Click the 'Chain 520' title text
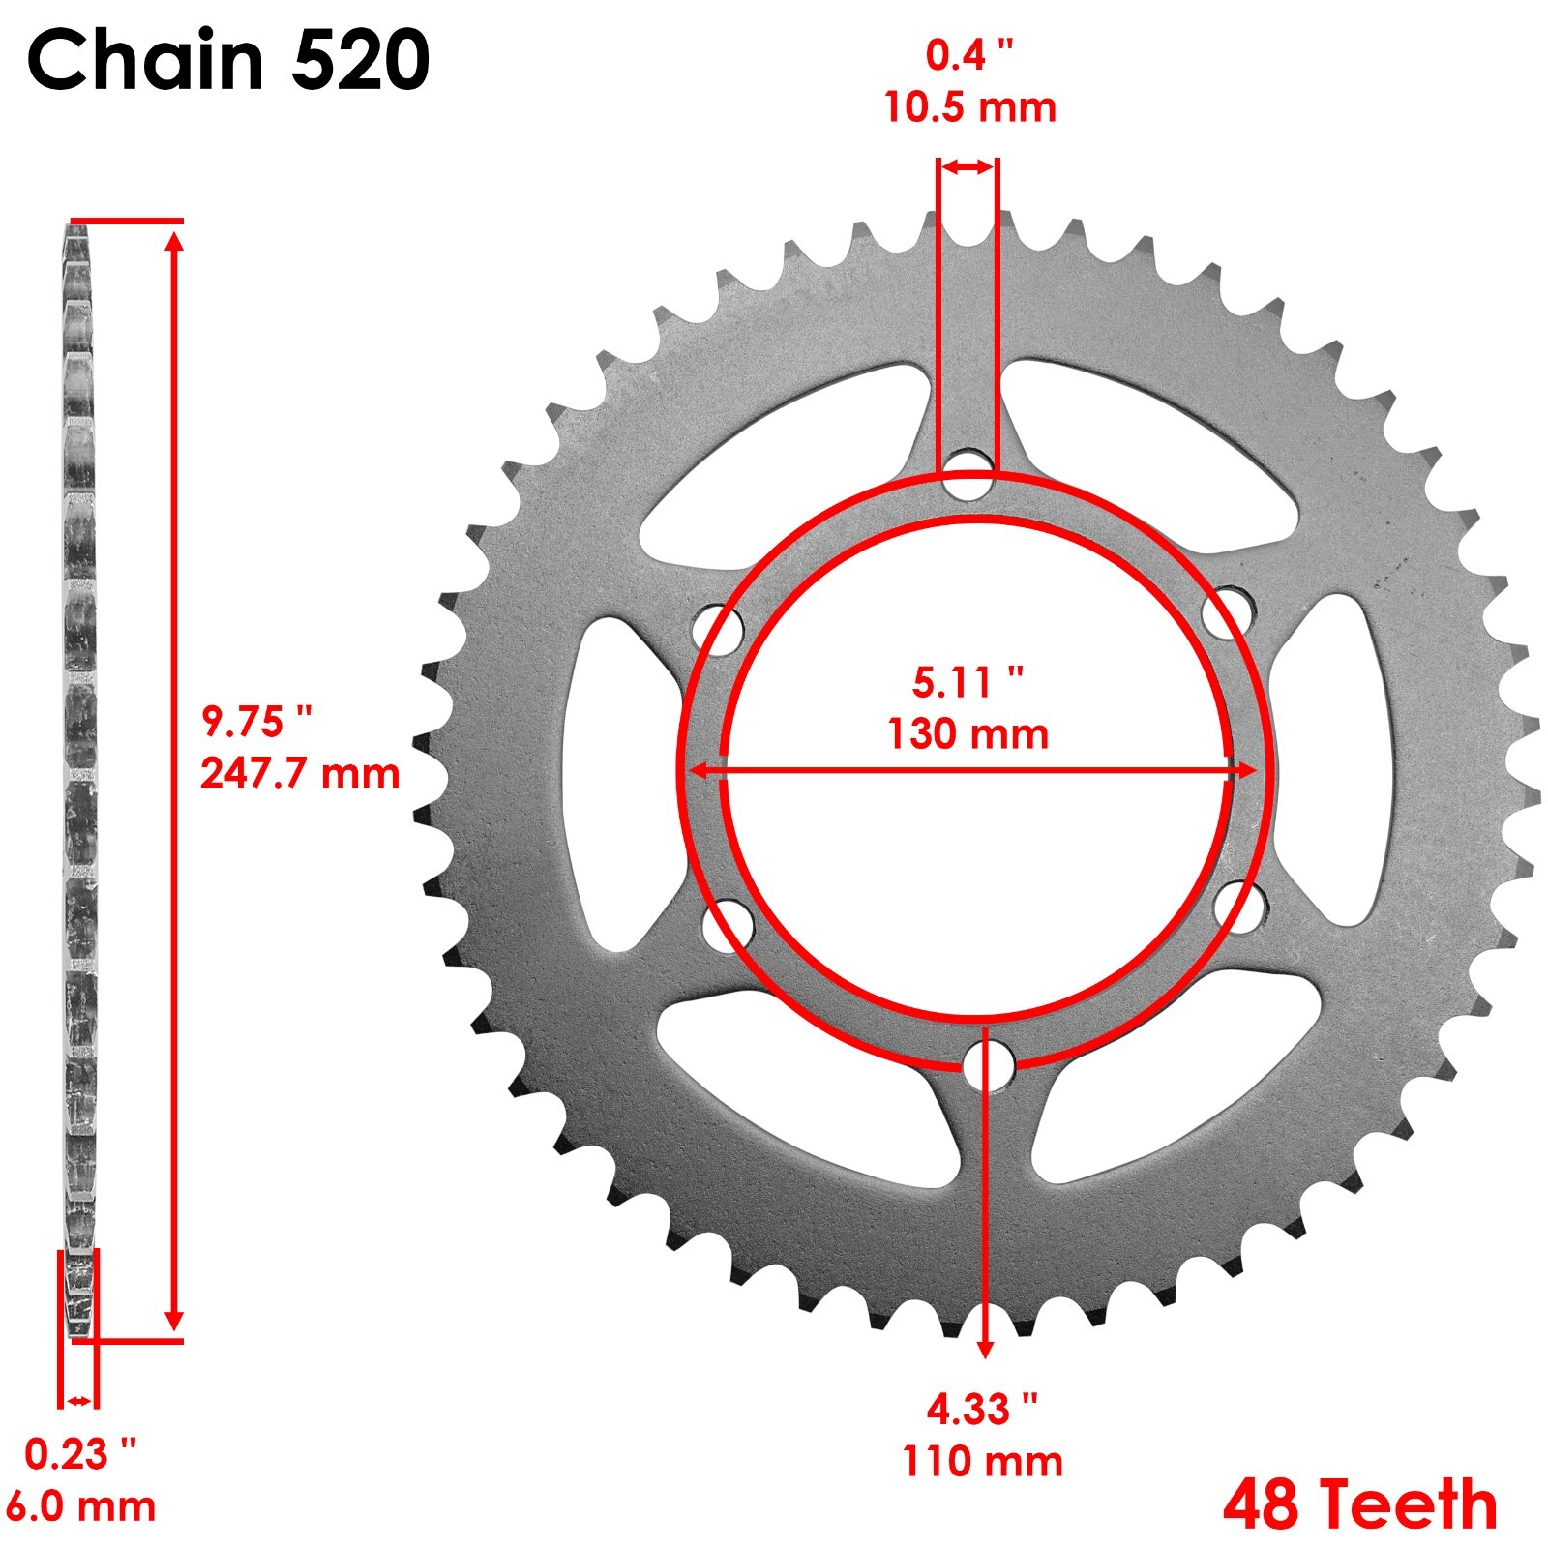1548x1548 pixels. [x=228, y=60]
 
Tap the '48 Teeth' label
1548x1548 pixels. [x=1359, y=1504]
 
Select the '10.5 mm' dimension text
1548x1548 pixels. [x=969, y=106]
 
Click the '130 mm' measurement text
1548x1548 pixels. [x=967, y=733]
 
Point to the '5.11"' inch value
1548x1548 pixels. [x=967, y=683]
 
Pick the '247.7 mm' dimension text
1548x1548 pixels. [x=300, y=773]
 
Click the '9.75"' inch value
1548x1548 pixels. [x=257, y=722]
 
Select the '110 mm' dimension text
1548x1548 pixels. [x=982, y=1461]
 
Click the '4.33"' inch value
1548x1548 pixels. [x=982, y=1410]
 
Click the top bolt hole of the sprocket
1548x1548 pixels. [x=968, y=474]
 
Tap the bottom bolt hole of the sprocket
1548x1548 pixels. [x=989, y=1066]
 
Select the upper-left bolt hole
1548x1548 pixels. [x=719, y=630]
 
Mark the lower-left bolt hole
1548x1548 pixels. [x=728, y=925]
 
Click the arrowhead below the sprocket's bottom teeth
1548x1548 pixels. [x=985, y=1347]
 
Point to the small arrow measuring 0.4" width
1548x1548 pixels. [x=967, y=167]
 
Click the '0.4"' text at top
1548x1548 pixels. [x=969, y=55]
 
